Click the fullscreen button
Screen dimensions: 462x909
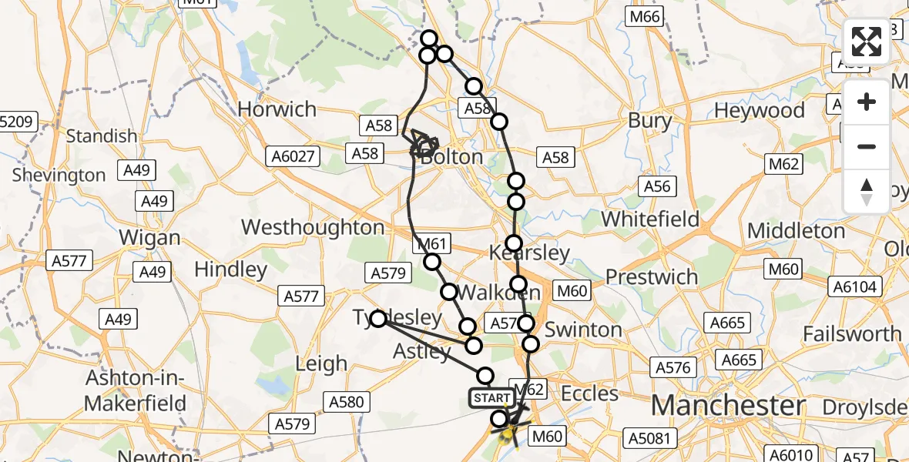[867, 42]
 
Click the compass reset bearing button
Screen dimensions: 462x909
[867, 192]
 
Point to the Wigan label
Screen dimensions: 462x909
[150, 238]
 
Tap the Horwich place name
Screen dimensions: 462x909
[277, 109]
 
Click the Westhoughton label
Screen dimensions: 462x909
[313, 227]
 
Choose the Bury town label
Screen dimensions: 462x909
[650, 120]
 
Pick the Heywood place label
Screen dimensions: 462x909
[760, 111]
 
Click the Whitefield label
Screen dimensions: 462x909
[650, 219]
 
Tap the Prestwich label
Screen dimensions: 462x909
[652, 276]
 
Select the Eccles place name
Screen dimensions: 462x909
[590, 393]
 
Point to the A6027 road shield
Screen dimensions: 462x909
[293, 156]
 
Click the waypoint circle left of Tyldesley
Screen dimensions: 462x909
[378, 319]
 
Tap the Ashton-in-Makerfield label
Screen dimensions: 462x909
[135, 390]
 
